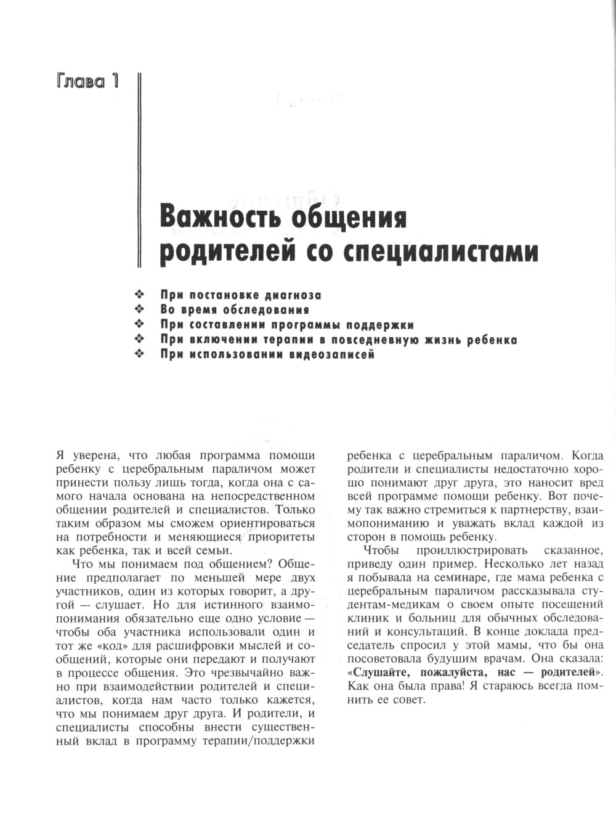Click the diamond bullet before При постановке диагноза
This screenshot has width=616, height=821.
139,295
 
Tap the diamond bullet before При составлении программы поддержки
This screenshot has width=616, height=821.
139,325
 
